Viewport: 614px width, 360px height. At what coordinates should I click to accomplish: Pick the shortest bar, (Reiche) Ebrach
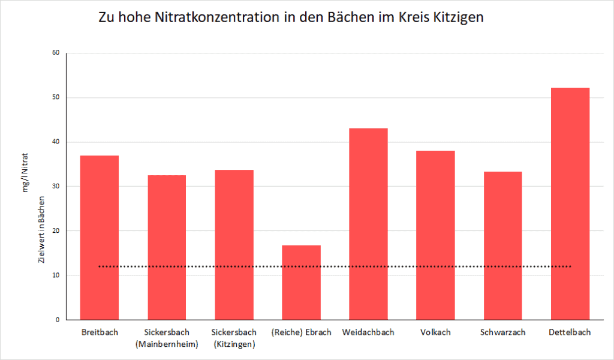pos(301,282)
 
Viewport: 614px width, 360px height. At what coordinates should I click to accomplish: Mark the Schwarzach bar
pos(502,245)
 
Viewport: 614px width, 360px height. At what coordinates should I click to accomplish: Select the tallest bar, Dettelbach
pos(570,204)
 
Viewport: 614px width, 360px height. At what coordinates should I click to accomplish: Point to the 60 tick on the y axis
pos(56,53)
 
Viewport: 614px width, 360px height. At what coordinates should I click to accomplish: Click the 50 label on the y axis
pos(56,97)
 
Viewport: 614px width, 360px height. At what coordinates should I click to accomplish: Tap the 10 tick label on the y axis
pos(56,275)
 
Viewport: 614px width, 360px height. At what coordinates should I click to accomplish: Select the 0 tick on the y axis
pos(58,320)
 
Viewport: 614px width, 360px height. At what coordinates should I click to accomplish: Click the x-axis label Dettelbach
pos(570,332)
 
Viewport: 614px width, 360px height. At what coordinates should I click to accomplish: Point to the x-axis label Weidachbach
pos(368,332)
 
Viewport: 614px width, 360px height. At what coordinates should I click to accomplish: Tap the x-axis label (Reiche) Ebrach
pos(301,332)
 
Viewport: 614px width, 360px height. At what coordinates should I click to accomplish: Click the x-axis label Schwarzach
pos(502,332)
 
